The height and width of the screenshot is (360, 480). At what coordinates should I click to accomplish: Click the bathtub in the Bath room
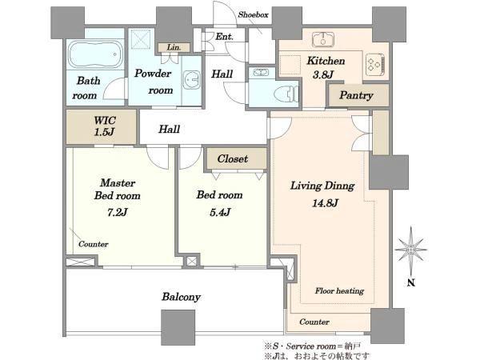[95, 54]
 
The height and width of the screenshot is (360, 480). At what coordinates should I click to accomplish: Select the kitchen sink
[323, 39]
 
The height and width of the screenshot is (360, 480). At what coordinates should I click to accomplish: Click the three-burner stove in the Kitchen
[375, 64]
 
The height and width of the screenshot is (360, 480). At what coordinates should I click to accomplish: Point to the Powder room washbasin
[192, 80]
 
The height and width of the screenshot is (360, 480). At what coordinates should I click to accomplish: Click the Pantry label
[356, 95]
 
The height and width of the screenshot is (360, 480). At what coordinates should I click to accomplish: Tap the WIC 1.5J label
[105, 126]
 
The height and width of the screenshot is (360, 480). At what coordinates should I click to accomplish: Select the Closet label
[233, 158]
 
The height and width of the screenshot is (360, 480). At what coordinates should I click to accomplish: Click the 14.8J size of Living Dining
[325, 202]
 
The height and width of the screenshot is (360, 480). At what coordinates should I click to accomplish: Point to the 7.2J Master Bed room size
[117, 212]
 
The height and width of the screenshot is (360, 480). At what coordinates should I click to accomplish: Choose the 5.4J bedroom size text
[220, 212]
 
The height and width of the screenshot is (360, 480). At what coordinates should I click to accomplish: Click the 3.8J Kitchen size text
[323, 74]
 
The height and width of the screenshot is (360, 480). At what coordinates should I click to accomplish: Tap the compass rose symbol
[411, 250]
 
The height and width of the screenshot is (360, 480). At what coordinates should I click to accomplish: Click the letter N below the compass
[411, 282]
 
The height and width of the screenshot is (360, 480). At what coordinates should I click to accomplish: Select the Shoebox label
[253, 14]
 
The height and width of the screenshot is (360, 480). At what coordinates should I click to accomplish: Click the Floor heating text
[339, 290]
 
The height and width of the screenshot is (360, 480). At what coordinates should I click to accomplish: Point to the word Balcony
[182, 297]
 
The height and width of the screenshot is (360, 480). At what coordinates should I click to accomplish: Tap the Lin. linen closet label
[174, 47]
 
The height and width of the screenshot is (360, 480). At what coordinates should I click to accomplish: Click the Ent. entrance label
[224, 37]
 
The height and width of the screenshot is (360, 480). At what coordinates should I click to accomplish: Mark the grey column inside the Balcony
[178, 327]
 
